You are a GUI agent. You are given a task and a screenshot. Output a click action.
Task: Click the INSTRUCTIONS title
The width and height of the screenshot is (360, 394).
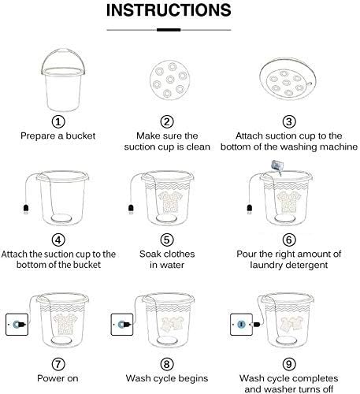coord(169,10)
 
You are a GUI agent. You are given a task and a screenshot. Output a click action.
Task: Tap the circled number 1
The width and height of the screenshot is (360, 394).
coord(58,121)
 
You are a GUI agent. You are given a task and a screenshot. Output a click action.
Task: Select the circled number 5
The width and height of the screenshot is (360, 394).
coord(167,240)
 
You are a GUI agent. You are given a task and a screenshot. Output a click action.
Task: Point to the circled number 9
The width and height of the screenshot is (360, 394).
coord(289,364)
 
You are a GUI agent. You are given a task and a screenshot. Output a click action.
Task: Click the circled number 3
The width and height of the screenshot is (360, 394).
coord(289,121)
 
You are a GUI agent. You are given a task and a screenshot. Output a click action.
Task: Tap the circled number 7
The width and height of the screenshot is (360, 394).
coord(58,364)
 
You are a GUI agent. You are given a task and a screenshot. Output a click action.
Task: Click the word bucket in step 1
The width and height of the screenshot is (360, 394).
coord(80,136)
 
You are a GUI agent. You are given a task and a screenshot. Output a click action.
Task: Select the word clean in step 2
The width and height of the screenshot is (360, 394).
coord(199,147)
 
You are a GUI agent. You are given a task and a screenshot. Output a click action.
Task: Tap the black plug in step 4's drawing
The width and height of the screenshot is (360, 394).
coord(26,209)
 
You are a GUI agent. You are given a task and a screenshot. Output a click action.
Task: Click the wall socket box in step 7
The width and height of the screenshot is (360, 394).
coord(17,325)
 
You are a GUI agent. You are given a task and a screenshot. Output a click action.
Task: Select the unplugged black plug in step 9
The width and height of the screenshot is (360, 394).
coord(256,325)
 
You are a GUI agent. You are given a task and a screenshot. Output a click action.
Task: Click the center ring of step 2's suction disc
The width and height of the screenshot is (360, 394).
coord(170,80)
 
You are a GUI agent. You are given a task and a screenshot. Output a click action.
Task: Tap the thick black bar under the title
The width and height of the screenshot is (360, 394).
coord(169,30)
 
